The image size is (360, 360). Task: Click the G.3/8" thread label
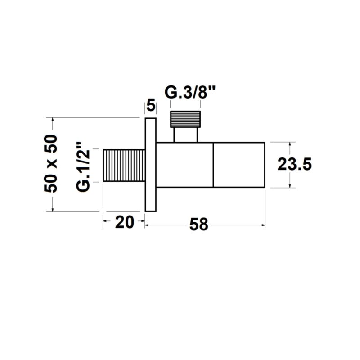(x=190, y=93)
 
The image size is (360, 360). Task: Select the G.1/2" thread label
(x=83, y=166)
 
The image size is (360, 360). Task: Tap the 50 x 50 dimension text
(x=50, y=163)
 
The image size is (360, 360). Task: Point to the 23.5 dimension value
(x=295, y=164)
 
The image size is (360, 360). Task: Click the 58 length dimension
(x=199, y=225)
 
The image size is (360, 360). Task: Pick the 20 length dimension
(x=125, y=222)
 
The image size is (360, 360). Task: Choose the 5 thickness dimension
(x=151, y=106)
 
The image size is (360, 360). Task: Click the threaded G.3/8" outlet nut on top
(x=185, y=119)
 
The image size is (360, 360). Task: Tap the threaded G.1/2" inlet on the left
(x=124, y=165)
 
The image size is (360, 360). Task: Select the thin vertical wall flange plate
(x=151, y=165)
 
